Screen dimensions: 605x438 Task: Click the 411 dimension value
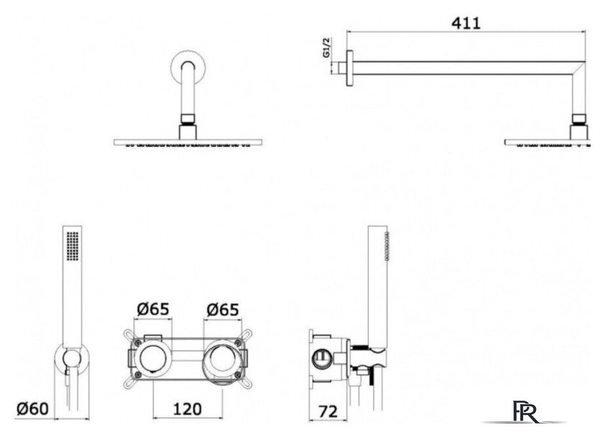(466, 23)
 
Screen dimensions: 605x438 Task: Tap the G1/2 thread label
(327, 48)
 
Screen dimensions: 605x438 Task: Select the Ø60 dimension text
(32, 408)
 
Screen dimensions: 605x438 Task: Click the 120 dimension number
(187, 409)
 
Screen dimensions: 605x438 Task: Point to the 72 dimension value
(328, 411)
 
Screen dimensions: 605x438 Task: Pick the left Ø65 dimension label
(153, 309)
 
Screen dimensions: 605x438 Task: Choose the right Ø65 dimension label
(223, 310)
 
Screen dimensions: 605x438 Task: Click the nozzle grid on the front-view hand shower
(73, 246)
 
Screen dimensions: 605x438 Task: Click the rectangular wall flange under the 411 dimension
(350, 68)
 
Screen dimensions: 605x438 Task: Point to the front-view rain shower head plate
(188, 143)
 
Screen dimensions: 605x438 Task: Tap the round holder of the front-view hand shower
(72, 359)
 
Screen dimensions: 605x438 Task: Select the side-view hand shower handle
(378, 286)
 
